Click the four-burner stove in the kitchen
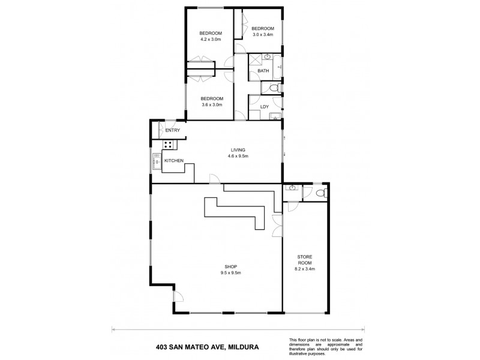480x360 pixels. pyautogui.click(x=169, y=144)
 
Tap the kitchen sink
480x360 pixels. pyautogui.click(x=156, y=160)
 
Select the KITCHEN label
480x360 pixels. pyautogui.click(x=173, y=160)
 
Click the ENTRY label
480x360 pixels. pyautogui.click(x=173, y=130)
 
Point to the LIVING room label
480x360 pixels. pyautogui.click(x=238, y=150)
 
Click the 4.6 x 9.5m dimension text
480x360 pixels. pyautogui.click(x=238, y=156)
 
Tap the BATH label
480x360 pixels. pyautogui.click(x=263, y=71)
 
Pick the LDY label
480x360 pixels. pyautogui.click(x=264, y=107)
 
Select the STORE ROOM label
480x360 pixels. pyautogui.click(x=305, y=259)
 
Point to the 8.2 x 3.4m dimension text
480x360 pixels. pyautogui.click(x=305, y=269)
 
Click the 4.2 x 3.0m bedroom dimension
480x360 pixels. pyautogui.click(x=211, y=40)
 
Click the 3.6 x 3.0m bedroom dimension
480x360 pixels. pyautogui.click(x=212, y=105)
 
